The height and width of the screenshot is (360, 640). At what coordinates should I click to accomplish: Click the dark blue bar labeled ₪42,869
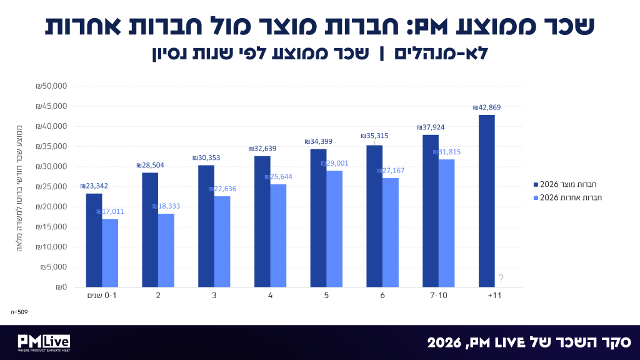pos(486,201)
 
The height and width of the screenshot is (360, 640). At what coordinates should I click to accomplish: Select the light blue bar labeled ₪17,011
pos(110,253)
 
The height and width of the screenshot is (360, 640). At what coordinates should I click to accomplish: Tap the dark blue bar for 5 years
pos(318,218)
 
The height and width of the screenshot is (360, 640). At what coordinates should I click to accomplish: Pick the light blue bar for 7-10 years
pos(446,223)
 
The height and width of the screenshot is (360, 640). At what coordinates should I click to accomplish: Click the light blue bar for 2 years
pos(166,250)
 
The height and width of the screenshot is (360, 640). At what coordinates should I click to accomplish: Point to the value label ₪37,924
pos(431,127)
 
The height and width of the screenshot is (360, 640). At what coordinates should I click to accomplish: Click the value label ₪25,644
pos(278,177)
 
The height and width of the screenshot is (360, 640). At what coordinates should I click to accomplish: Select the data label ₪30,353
pos(206,157)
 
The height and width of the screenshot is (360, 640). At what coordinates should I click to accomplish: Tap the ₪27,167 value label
pos(391,171)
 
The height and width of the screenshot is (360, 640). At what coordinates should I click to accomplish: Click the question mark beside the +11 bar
pos(501,278)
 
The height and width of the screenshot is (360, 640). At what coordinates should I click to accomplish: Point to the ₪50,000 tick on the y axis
pos(51,86)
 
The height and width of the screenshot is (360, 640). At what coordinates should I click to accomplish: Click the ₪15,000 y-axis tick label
pos(51,227)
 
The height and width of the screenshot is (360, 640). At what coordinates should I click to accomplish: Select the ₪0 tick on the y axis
pos(61,287)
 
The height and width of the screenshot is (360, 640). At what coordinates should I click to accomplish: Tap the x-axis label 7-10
pos(439,295)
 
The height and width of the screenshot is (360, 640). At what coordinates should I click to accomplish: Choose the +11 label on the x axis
pos(494,295)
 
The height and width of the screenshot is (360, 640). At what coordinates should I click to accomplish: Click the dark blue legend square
pos(536,185)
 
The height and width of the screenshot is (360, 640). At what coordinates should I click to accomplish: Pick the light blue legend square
pos(536,198)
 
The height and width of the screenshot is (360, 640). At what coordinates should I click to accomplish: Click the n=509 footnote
pos(19,312)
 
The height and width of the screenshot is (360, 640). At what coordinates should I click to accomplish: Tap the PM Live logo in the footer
pos(44,343)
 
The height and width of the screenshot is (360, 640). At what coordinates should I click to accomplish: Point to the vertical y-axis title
pos(19,188)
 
